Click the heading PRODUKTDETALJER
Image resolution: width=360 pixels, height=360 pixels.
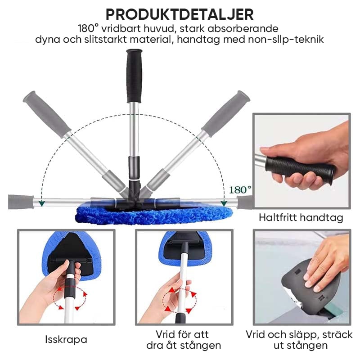[180, 14]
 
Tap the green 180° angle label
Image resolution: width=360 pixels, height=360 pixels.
[240, 190]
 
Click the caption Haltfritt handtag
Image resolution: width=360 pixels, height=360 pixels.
[301, 217]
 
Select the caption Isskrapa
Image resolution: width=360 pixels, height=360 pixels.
[66, 340]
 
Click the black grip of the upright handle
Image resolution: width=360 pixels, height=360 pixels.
[134, 76]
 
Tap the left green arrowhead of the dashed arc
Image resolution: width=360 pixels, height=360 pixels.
[41, 203]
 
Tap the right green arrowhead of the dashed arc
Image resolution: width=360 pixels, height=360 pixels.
[224, 203]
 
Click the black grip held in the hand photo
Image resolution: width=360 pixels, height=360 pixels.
[300, 168]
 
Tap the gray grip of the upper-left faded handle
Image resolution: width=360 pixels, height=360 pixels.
[47, 114]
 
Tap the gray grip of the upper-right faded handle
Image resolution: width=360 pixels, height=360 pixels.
[226, 114]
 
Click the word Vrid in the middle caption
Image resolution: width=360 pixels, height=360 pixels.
[164, 334]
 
